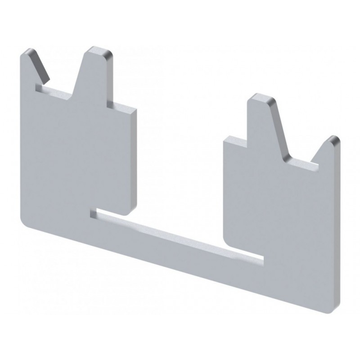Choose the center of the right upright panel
pos(279,207)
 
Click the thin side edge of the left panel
pos(134,157)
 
